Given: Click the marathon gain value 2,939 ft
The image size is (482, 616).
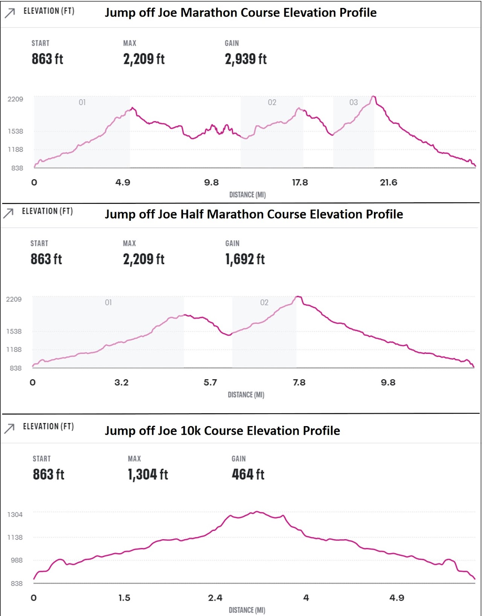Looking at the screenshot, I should pyautogui.click(x=246, y=59).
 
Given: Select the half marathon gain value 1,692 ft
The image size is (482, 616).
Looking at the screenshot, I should pyautogui.click(x=245, y=259).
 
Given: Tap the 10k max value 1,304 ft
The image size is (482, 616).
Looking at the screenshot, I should pyautogui.click(x=148, y=474).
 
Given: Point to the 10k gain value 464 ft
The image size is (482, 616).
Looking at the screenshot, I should pyautogui.click(x=248, y=474).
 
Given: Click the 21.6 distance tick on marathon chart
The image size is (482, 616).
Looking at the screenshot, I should pyautogui.click(x=389, y=183).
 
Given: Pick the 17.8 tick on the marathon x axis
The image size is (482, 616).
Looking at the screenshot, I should pyautogui.click(x=300, y=183).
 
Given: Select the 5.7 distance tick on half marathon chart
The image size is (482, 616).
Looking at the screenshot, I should pyautogui.click(x=210, y=383).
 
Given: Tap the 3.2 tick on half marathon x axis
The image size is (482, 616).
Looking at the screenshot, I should pyautogui.click(x=121, y=383).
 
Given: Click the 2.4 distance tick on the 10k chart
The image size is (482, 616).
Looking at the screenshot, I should pyautogui.click(x=215, y=598).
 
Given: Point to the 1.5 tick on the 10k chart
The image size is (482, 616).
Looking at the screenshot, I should pyautogui.click(x=124, y=598).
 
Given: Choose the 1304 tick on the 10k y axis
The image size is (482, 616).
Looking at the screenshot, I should pyautogui.click(x=15, y=515).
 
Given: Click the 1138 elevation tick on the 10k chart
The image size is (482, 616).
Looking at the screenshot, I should pyautogui.click(x=15, y=538).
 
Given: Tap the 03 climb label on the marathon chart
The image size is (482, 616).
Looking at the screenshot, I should pyautogui.click(x=353, y=102).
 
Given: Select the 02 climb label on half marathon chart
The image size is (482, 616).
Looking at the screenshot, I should pyautogui.click(x=264, y=303).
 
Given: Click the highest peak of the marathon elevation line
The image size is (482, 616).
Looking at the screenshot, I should pyautogui.click(x=374, y=97).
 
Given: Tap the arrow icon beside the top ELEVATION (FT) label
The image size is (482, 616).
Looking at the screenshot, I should pyautogui.click(x=10, y=13).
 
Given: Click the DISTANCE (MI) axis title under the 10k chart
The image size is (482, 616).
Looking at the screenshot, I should pyautogui.click(x=247, y=610).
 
